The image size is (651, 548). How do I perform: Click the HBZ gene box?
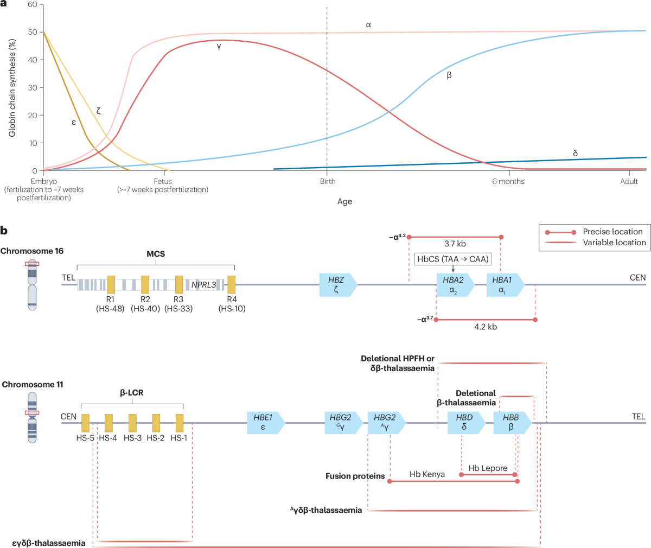pyautogui.click(x=339, y=285)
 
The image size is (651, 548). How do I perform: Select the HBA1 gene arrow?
pyautogui.click(x=506, y=285)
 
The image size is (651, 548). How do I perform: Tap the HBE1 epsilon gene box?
pyautogui.click(x=266, y=423)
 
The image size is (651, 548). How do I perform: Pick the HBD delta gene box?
pyautogui.click(x=467, y=423)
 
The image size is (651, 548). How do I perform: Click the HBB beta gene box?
pyautogui.click(x=513, y=423)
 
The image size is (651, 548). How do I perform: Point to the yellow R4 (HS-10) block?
pyautogui.click(x=231, y=284)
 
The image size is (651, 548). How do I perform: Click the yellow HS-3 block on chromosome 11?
pyautogui.click(x=132, y=423)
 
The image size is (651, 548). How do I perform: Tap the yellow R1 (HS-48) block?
pyautogui.click(x=111, y=284)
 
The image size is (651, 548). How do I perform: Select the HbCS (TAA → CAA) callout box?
pyautogui.click(x=452, y=259)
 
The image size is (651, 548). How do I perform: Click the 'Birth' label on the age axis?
pyautogui.click(x=328, y=181)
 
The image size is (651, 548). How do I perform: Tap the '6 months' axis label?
pyautogui.click(x=508, y=181)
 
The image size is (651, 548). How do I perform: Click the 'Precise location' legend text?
pyautogui.click(x=612, y=232)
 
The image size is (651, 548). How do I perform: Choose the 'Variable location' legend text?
pyautogui.click(x=614, y=243)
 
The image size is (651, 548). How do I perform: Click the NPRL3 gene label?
pyautogui.click(x=203, y=284)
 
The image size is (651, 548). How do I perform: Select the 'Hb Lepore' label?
pyautogui.click(x=488, y=468)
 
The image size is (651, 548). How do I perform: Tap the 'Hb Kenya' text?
pyautogui.click(x=427, y=474)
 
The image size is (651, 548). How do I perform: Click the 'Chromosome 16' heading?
pyautogui.click(x=32, y=251)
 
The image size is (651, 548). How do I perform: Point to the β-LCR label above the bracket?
pyautogui.click(x=132, y=392)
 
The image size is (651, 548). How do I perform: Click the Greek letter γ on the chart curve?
pyautogui.click(x=219, y=47)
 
